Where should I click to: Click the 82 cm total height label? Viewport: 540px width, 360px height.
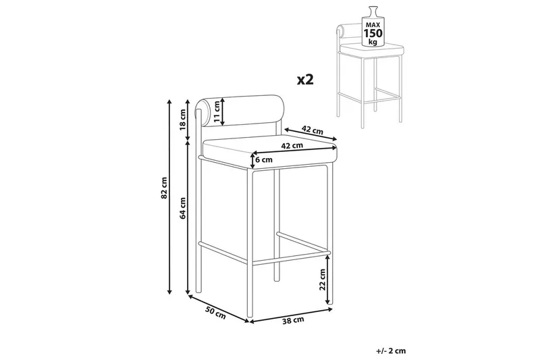pos(164,188)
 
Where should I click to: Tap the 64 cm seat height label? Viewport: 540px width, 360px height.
pos(183,208)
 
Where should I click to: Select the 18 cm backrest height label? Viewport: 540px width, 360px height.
pos(183,119)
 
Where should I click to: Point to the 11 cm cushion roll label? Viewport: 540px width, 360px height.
pos(216,111)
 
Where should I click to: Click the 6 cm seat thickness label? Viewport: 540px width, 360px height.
pos(264,159)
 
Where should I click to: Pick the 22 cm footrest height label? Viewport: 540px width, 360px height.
pos(322,280)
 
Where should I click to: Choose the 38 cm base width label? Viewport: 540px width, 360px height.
pos(293,320)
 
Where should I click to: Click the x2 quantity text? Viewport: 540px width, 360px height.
pos(306,80)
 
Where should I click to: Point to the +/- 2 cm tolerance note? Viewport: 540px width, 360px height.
pos(391,351)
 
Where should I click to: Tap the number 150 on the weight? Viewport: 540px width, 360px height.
pos(373,33)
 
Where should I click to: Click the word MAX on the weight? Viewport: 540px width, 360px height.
pos(373,25)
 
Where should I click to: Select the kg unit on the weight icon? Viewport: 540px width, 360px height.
pos(373,42)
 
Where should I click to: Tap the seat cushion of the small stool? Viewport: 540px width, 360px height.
pos(372,50)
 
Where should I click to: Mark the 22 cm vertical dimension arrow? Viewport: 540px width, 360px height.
pos(329,280)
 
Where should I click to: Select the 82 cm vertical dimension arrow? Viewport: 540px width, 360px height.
pos(169,197)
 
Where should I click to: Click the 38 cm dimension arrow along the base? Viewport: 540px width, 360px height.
pos(292,315)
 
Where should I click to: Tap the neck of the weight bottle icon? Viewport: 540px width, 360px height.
pos(373,11)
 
